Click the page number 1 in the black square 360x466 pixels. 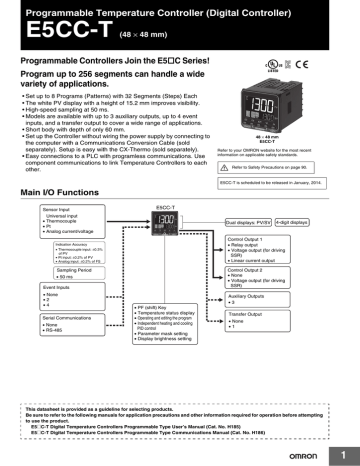coord(341,448)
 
